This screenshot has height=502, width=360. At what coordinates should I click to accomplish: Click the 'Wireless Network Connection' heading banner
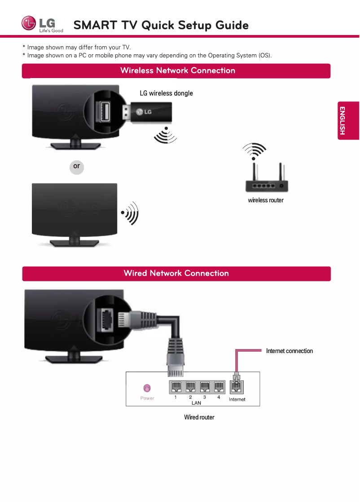click(177, 71)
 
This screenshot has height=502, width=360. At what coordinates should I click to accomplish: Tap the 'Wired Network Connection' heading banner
click(176, 274)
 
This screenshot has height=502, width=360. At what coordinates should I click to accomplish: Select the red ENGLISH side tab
click(348, 121)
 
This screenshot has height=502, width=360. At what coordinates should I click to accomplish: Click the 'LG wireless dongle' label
click(166, 93)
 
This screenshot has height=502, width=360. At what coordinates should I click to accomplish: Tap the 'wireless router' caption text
click(266, 200)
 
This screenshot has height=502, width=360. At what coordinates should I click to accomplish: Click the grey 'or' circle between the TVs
click(77, 166)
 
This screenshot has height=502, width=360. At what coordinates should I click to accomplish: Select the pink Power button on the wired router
click(147, 388)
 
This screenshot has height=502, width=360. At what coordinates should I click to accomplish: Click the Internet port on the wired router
click(236, 387)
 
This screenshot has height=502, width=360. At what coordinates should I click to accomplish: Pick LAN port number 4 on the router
click(219, 387)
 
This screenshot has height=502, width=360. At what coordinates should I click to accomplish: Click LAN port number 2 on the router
click(190, 387)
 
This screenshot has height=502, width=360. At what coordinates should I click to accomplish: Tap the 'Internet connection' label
click(289, 351)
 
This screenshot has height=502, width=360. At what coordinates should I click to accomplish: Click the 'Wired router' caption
click(199, 417)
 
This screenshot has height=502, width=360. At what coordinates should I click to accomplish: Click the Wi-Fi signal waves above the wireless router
click(254, 151)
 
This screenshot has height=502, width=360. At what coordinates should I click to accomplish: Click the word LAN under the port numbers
click(196, 403)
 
